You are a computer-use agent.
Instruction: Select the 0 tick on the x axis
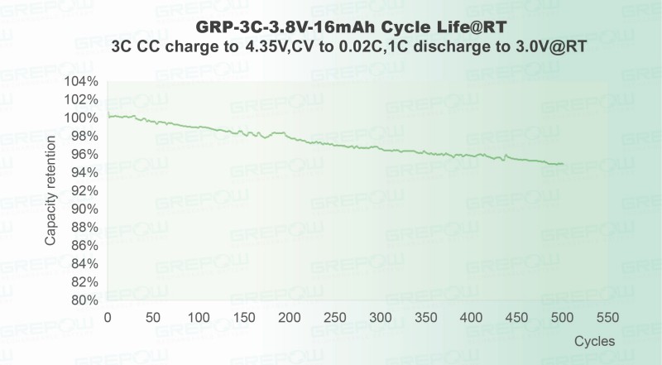(x=108, y=319)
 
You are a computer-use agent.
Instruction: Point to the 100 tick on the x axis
(x=198, y=319)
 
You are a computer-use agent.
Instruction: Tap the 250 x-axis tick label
(x=334, y=319)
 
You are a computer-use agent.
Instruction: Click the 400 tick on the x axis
(x=471, y=319)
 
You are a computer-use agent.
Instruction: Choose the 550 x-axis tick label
(x=607, y=319)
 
